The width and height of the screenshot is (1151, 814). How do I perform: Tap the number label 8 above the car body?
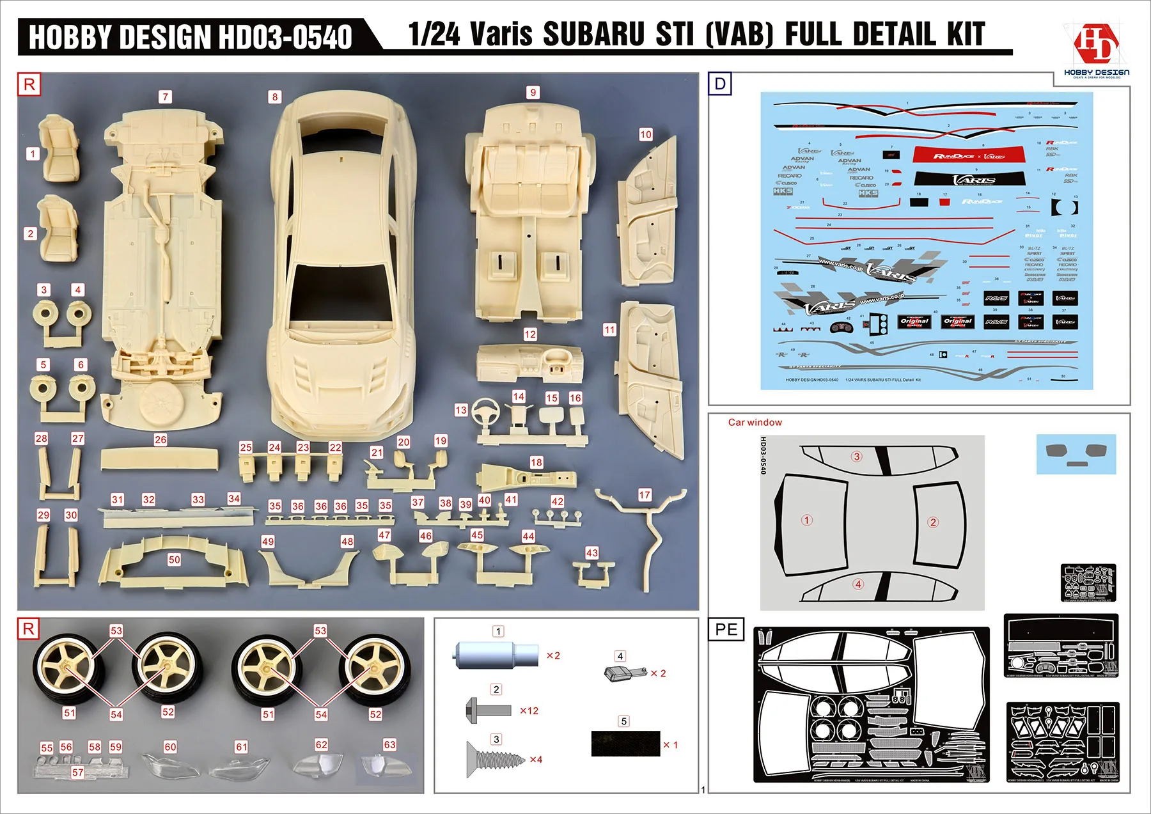pos(275,97)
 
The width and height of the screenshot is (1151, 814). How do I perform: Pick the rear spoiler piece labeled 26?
pos(159,458)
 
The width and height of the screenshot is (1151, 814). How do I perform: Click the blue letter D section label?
pos(720,84)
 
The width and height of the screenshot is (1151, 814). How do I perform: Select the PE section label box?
pos(726,629)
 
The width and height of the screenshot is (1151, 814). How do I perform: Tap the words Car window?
pos(755,422)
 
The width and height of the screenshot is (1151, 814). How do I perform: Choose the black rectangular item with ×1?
pos(625,744)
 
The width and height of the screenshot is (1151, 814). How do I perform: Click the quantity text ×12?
pos(529,710)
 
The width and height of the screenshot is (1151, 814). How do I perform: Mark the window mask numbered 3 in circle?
pos(857,456)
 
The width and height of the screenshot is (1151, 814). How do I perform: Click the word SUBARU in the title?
pos(594,35)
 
